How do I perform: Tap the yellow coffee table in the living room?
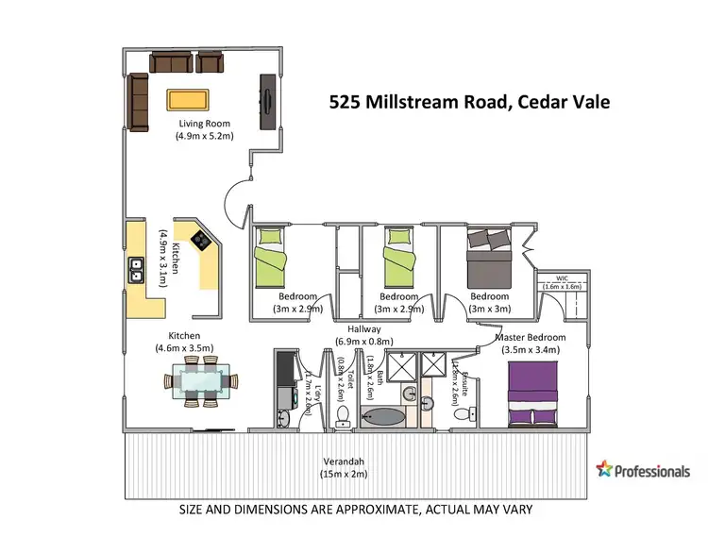click(188, 99)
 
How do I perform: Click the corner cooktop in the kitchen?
click(201, 240)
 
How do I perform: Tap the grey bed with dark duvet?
click(488, 256)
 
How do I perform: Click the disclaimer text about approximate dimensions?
click(356, 510)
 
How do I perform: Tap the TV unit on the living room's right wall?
click(268, 101)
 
